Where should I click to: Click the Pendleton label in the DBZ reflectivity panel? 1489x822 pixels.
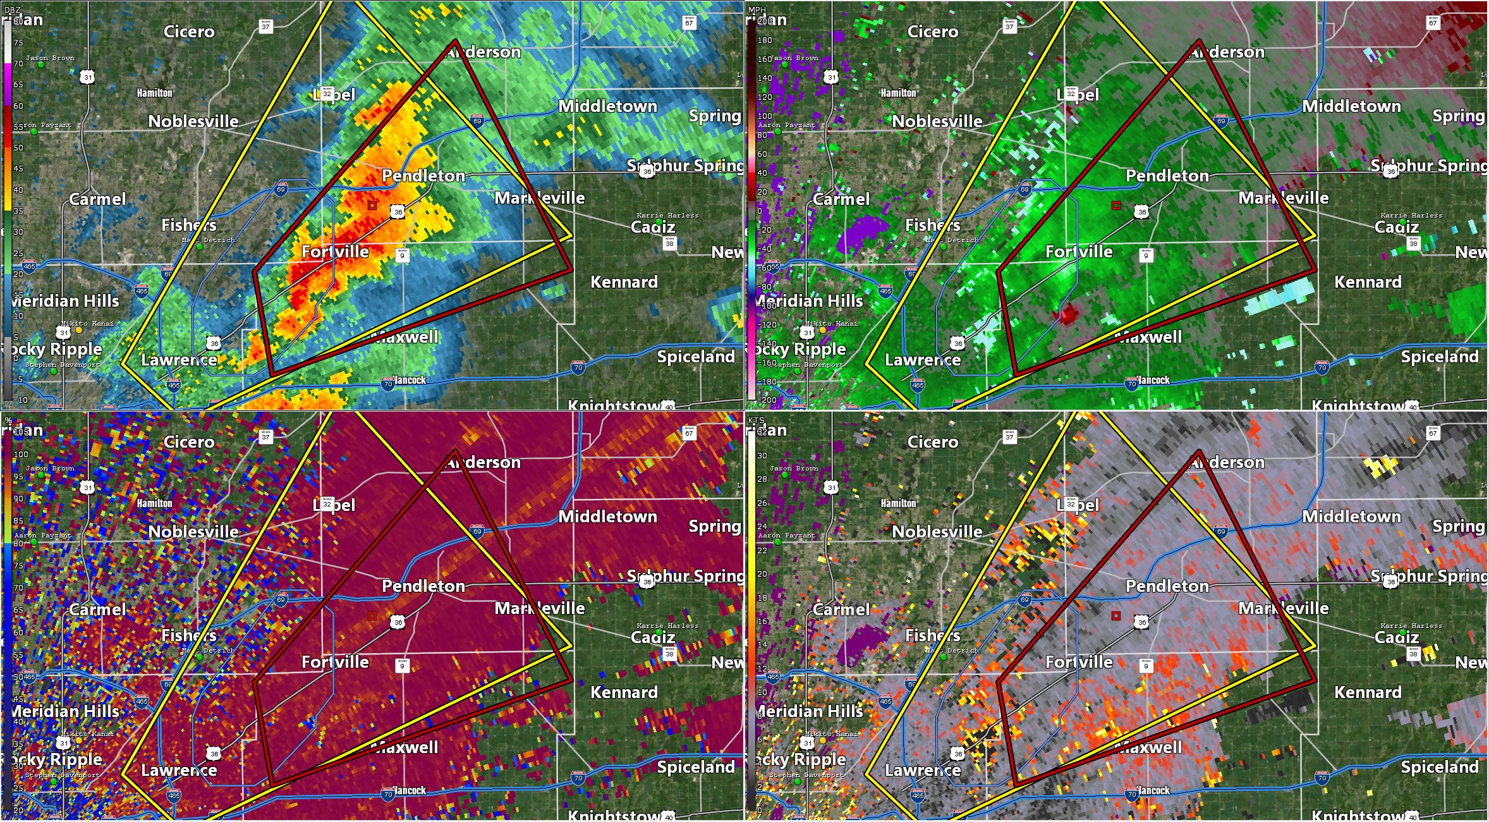(423, 176)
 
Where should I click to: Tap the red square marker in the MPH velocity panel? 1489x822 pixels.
(1116, 205)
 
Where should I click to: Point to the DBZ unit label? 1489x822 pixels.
(13, 10)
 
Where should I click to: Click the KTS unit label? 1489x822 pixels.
(757, 420)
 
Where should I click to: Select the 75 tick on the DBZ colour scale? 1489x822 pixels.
(18, 43)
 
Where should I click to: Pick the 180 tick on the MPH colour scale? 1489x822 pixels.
(765, 40)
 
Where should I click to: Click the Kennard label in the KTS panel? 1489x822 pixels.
(1368, 692)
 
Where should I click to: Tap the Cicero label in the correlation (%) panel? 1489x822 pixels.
(189, 442)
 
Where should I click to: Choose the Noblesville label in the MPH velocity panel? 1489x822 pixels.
(937, 121)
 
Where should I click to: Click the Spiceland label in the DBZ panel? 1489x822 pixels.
(696, 357)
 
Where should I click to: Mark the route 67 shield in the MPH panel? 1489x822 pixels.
(1433, 23)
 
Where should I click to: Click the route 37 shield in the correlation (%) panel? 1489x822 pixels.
(265, 437)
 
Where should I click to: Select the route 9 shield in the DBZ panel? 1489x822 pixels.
(402, 255)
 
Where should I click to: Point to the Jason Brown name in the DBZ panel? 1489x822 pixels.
(50, 58)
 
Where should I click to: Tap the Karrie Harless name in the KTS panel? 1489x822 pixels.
(1411, 626)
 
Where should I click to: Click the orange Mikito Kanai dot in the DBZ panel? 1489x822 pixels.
(79, 330)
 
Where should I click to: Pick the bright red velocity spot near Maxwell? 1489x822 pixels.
(1069, 314)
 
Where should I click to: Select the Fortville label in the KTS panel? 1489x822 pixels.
(1079, 662)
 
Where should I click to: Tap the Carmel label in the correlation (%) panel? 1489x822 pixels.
(97, 610)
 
